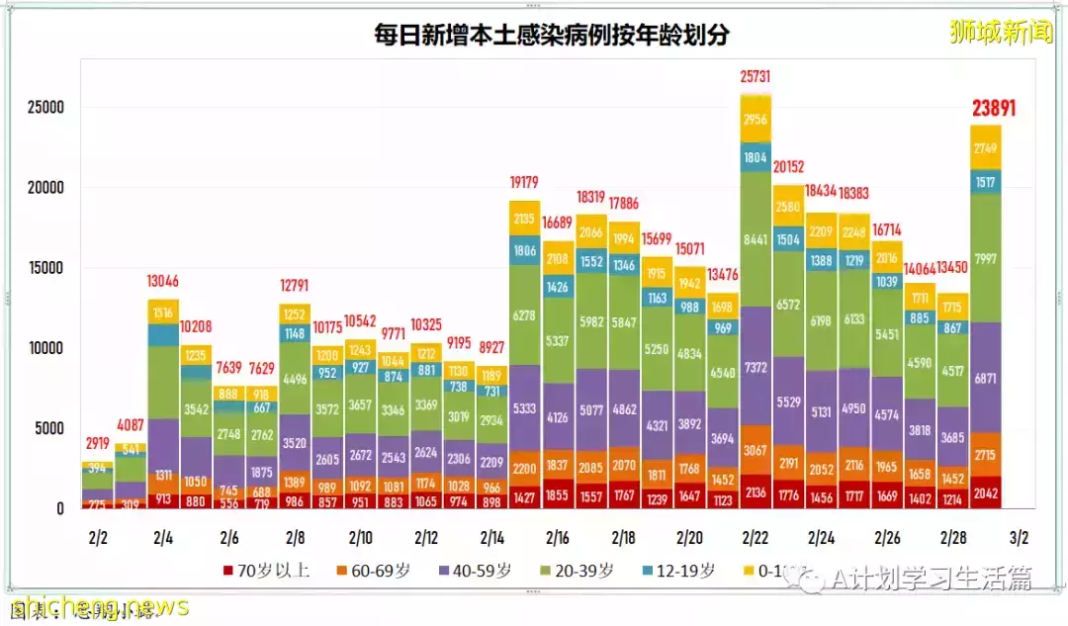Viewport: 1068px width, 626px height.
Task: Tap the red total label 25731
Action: click(x=756, y=77)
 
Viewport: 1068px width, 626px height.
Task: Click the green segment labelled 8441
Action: click(x=756, y=238)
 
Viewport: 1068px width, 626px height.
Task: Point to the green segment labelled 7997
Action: click(x=986, y=259)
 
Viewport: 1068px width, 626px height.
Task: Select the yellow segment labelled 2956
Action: click(x=756, y=120)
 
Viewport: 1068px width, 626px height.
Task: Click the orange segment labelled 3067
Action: click(x=756, y=451)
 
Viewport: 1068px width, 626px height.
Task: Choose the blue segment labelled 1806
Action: click(x=526, y=251)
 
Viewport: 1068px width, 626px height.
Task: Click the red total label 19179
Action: click(x=526, y=182)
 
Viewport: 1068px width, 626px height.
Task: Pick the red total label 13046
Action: click(x=164, y=281)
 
